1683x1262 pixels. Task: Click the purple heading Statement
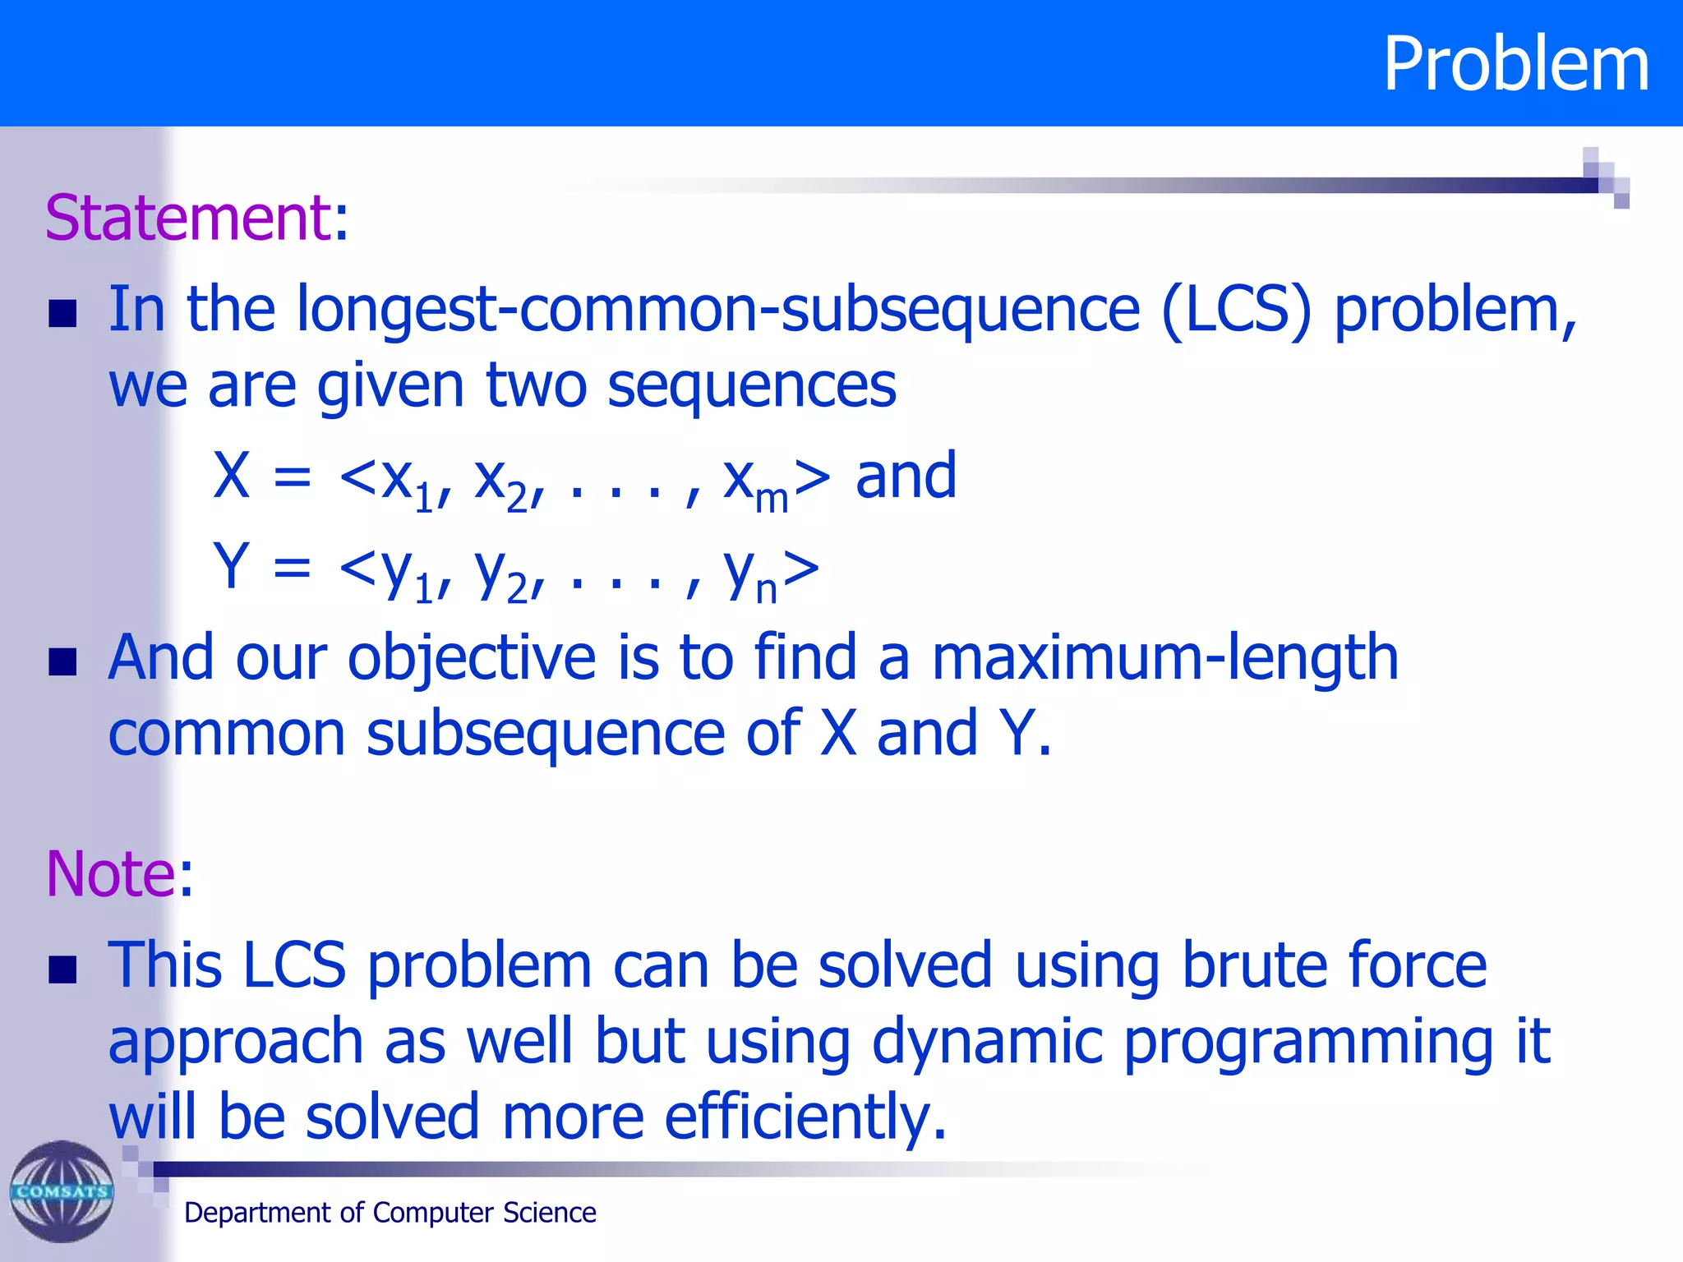[x=187, y=218]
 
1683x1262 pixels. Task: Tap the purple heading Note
[x=110, y=873]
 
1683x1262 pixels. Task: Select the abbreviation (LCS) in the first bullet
[x=1236, y=310]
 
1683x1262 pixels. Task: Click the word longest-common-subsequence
[x=717, y=310]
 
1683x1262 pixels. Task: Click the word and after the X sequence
[x=906, y=476]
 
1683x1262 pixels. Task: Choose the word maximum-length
[x=1164, y=658]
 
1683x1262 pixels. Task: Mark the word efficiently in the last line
[x=805, y=1117]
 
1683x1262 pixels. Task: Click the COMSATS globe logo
[x=62, y=1191]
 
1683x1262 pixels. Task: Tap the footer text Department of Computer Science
[x=390, y=1213]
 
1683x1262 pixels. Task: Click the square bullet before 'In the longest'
[x=62, y=313]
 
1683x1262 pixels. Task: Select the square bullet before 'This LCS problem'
[x=62, y=969]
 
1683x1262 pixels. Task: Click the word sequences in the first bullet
[x=751, y=385]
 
